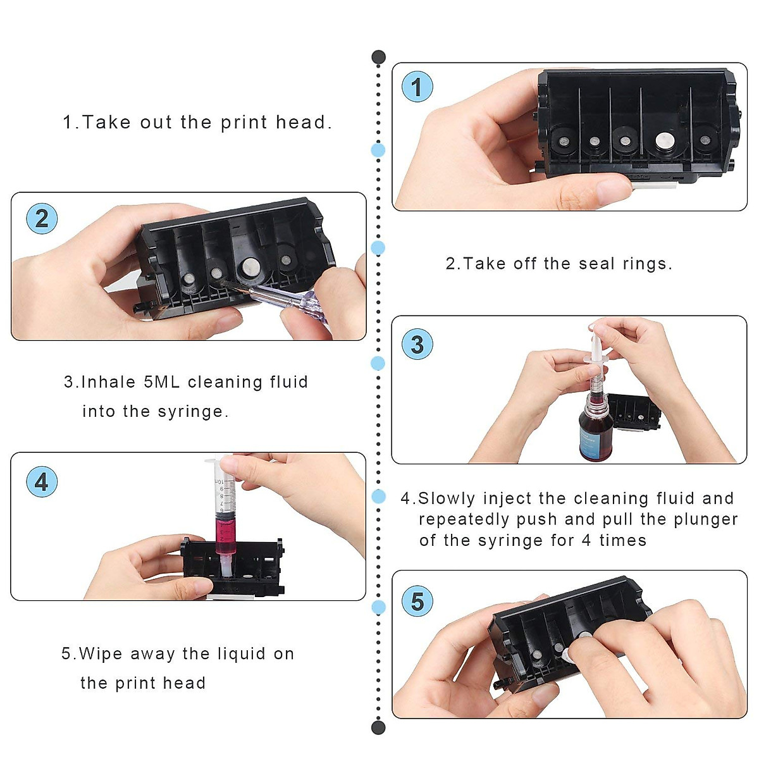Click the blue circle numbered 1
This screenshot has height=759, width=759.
pyautogui.click(x=417, y=87)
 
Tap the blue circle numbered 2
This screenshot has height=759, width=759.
pyautogui.click(x=42, y=219)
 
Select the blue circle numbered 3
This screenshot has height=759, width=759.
pyautogui.click(x=417, y=345)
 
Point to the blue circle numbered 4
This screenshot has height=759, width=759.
pyautogui.click(x=42, y=482)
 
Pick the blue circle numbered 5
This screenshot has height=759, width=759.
pyautogui.click(x=417, y=602)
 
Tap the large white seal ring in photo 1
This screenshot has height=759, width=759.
pyautogui.click(x=665, y=141)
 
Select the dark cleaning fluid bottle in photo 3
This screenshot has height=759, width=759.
pyautogui.click(x=594, y=430)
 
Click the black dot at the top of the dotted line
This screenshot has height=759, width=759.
pyautogui.click(x=378, y=58)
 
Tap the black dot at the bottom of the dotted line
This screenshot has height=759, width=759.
pyautogui.click(x=378, y=727)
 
